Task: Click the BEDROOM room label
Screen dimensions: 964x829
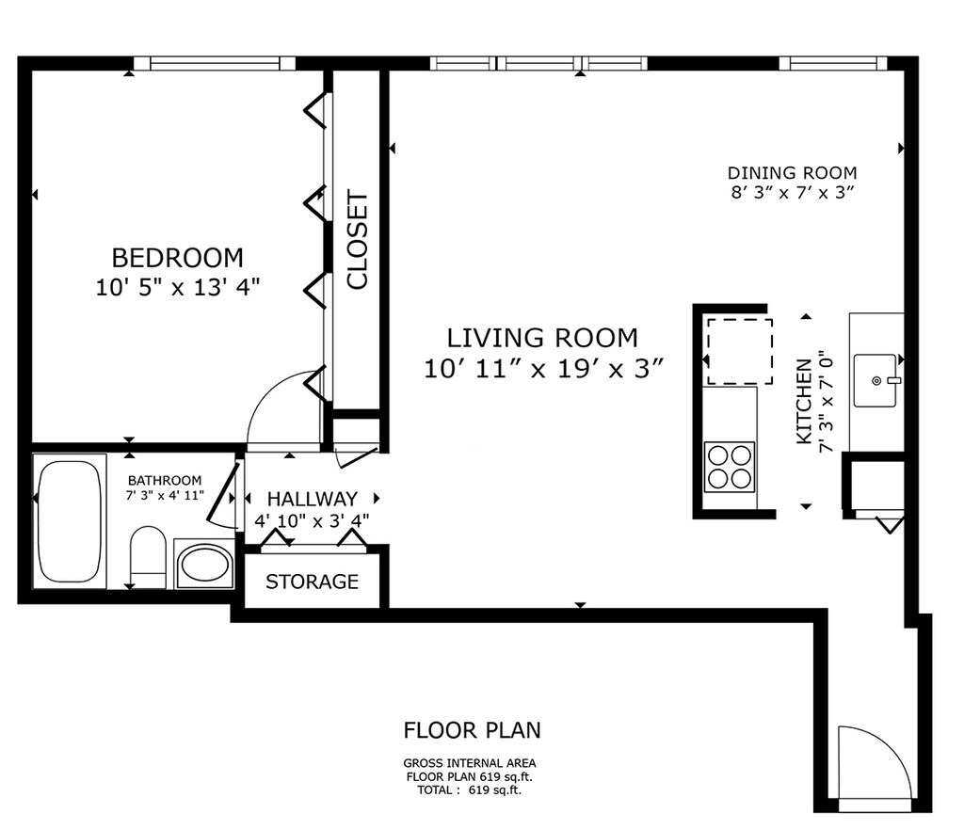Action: coord(178,258)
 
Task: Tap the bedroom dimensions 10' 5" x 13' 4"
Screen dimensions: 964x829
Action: coord(178,287)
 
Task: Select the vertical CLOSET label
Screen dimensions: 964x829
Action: coord(357,240)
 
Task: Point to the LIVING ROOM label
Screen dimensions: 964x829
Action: coord(542,338)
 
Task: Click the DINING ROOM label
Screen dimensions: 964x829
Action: coord(792,173)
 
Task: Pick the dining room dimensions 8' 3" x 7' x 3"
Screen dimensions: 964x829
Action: coord(793,192)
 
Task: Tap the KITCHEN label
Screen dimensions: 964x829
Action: coord(804,401)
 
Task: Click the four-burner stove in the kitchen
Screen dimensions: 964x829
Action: coord(730,467)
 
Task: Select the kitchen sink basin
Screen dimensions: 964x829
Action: coord(876,380)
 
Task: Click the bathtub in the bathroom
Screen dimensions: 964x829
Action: coord(70,521)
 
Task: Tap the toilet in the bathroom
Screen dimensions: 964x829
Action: coord(148,557)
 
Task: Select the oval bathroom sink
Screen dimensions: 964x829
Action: coord(203,565)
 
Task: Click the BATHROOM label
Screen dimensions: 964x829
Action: coord(165,481)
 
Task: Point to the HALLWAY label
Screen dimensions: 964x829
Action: coord(313,499)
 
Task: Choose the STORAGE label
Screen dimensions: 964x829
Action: coord(313,582)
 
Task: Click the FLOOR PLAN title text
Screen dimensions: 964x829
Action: coord(473,730)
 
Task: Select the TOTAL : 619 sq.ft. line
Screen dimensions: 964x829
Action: coord(469,790)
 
